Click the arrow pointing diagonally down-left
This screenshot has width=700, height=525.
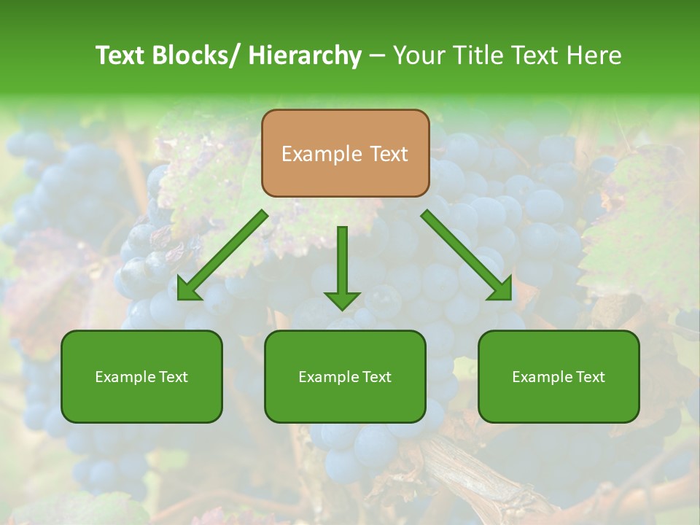click(x=222, y=255)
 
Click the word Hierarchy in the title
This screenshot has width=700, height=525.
click(x=305, y=55)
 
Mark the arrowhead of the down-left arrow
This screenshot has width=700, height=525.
click(x=187, y=289)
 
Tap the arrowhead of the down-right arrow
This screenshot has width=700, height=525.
click(x=499, y=288)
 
